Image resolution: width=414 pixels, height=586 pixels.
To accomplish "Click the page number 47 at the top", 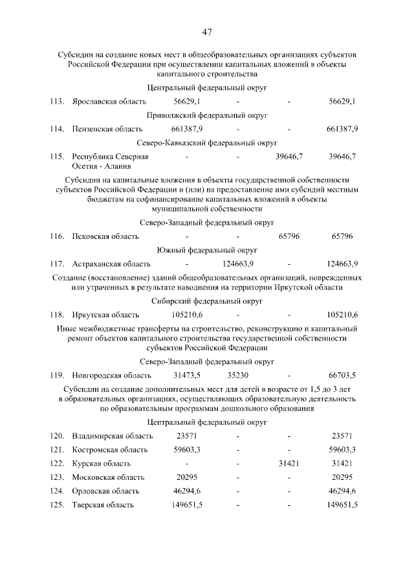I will point(206,32).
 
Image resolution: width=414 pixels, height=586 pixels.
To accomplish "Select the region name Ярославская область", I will point(109,102).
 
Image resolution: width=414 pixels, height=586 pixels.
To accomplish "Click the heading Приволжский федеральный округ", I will point(206,115).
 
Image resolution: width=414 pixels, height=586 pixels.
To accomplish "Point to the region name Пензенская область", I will point(107,130).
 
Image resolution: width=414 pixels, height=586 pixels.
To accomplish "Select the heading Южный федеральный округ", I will point(206,250).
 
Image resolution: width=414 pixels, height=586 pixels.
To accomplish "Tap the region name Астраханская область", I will point(111,264).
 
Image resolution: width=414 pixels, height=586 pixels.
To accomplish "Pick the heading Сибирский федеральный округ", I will point(206,301).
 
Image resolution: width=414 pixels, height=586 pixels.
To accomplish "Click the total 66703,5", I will point(342,375).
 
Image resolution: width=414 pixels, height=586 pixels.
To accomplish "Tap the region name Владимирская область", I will point(113,436).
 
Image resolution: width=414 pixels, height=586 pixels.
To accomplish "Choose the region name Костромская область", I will point(110,449).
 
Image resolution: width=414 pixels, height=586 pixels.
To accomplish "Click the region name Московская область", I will point(108,477).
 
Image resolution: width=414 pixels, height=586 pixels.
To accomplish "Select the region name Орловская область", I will point(107,491).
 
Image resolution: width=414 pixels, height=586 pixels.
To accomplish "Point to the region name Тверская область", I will point(103,505).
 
